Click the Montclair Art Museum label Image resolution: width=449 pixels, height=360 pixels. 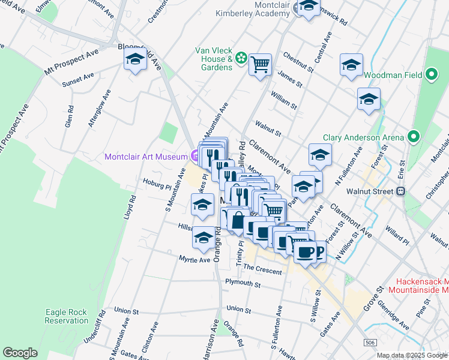tap(146, 157)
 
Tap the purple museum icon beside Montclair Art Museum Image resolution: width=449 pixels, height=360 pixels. tap(195, 157)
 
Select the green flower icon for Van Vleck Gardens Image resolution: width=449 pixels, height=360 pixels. tap(241, 58)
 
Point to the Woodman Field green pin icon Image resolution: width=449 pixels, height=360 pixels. tap(432, 76)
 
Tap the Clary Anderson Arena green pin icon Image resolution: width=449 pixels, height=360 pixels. tap(414, 137)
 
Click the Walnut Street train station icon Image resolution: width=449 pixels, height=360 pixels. tap(401, 192)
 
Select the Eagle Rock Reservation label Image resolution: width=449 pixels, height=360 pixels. tap(66, 316)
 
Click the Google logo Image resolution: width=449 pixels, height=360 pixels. tap(20, 353)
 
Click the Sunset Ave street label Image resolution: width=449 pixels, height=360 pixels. tap(79, 77)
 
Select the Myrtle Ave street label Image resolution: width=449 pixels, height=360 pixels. tap(194, 259)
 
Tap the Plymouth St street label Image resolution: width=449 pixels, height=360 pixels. tap(242, 283)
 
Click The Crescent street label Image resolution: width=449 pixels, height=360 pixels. tap(262, 271)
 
